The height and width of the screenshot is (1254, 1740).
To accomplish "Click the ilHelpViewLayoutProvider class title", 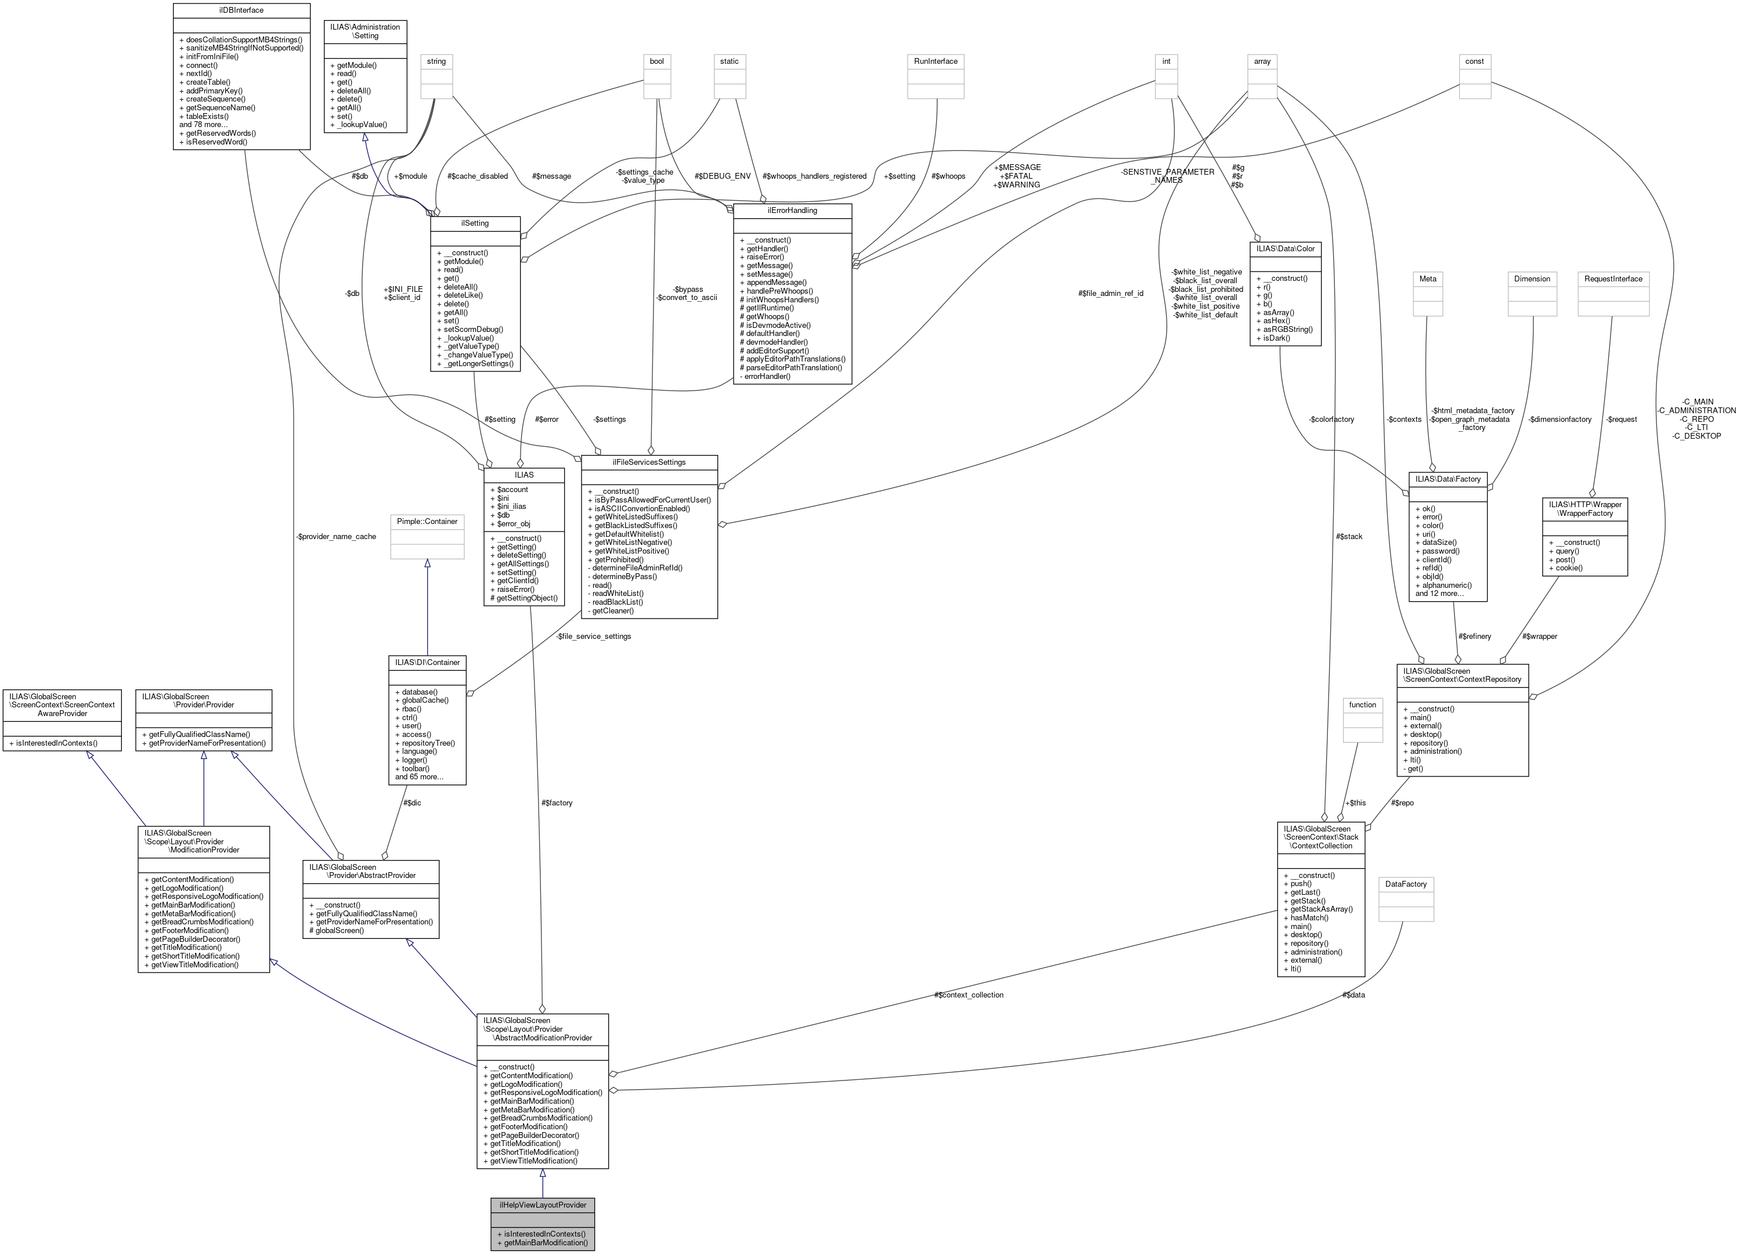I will (x=543, y=1204).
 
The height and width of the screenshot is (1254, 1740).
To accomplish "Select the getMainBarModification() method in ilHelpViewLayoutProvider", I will (x=546, y=1242).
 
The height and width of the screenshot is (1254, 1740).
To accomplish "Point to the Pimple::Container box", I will (x=427, y=522).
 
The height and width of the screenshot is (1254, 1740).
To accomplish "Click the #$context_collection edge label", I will (x=968, y=995).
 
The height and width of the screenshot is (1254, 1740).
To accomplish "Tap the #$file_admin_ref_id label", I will (x=1110, y=293).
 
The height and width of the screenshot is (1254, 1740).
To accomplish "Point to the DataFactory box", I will (x=1406, y=884).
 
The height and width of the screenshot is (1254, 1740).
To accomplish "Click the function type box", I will (x=1363, y=705).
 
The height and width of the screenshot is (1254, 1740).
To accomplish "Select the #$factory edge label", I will (x=556, y=803).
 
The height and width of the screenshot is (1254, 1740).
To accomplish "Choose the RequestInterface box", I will (x=1613, y=279).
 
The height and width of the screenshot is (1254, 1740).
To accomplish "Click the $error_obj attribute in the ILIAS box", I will (x=513, y=524).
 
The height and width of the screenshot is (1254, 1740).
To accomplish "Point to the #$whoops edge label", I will (x=948, y=176).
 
